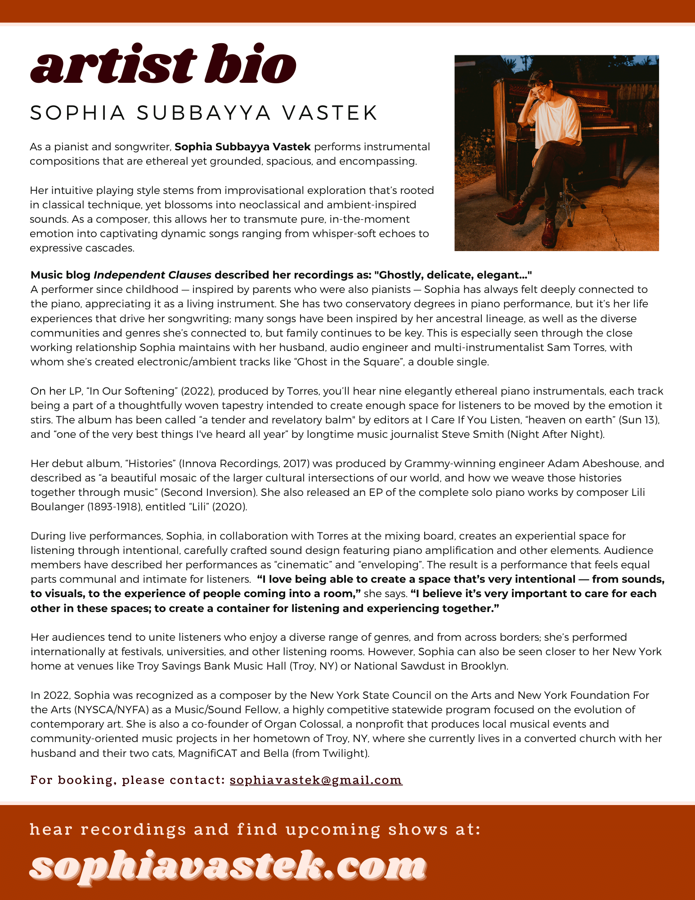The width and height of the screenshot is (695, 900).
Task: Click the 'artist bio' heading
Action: click(x=163, y=64)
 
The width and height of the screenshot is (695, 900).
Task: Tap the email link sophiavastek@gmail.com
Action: click(x=316, y=780)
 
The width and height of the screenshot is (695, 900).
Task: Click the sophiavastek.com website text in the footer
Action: click(x=228, y=865)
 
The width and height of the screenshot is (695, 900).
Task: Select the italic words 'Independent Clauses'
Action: click(x=152, y=275)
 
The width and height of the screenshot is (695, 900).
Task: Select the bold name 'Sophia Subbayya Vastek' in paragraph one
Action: click(x=242, y=147)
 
